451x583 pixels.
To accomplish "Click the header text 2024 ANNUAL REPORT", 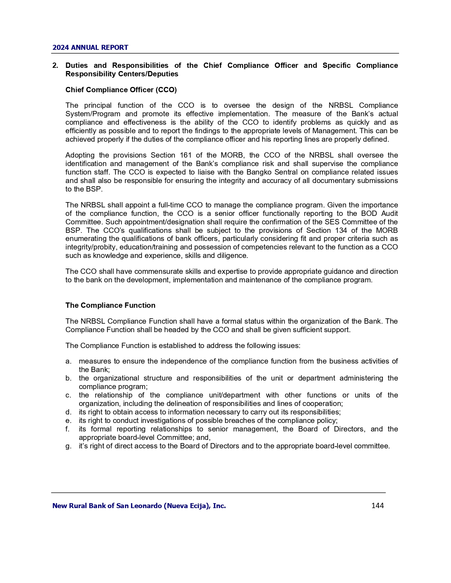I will click(90, 48).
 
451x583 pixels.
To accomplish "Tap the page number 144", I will click(377, 506).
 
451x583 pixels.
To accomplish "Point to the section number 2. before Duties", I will click(55, 65).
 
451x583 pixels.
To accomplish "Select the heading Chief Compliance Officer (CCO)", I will click(121, 90).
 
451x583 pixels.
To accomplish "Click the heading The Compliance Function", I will click(110, 305).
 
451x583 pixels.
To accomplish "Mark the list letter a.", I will click(68, 361).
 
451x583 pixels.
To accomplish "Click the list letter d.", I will click(68, 412).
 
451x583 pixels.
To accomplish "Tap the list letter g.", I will click(68, 446).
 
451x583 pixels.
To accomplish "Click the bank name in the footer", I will click(139, 506).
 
